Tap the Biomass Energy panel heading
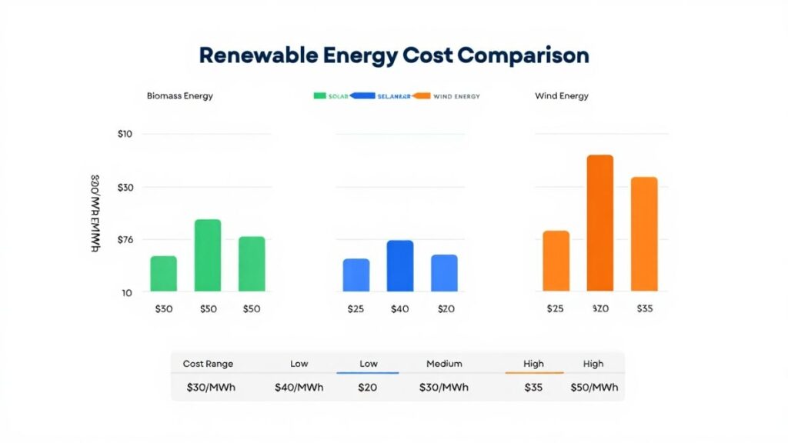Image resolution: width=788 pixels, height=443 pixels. (x=179, y=96)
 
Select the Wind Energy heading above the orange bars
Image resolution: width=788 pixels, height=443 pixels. (x=562, y=96)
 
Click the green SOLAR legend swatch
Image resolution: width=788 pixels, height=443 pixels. (x=321, y=96)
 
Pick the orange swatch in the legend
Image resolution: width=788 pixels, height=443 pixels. (x=420, y=96)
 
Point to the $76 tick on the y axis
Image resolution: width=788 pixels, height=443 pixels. (x=125, y=239)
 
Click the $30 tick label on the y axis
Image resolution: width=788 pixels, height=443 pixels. (x=125, y=187)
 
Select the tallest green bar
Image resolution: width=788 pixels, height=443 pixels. (x=208, y=255)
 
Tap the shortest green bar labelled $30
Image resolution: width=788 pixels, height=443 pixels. (x=163, y=273)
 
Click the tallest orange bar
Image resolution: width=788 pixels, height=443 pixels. (x=600, y=223)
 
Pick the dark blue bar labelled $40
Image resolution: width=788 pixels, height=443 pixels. (x=400, y=265)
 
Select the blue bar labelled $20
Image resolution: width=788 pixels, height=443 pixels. (x=444, y=272)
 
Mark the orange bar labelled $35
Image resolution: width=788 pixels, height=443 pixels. (x=644, y=234)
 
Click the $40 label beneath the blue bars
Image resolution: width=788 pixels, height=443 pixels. (x=400, y=309)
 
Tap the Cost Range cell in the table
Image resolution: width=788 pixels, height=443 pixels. (x=208, y=364)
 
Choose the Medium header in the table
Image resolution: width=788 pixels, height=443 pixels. (x=444, y=364)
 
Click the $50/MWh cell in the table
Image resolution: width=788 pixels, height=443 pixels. (x=593, y=387)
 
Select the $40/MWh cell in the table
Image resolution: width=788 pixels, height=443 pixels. (x=299, y=387)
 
